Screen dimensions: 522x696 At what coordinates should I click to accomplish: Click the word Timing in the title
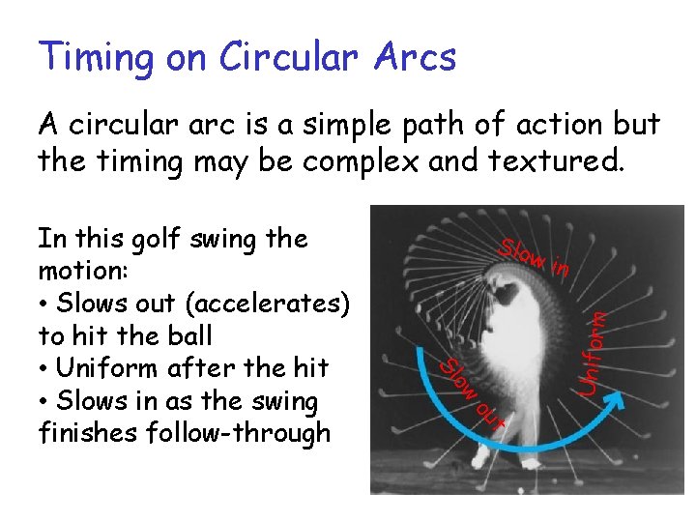[x=93, y=58]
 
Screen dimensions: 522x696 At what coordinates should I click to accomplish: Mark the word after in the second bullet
[x=206, y=368]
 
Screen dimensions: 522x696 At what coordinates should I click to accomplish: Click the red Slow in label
[x=533, y=255]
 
